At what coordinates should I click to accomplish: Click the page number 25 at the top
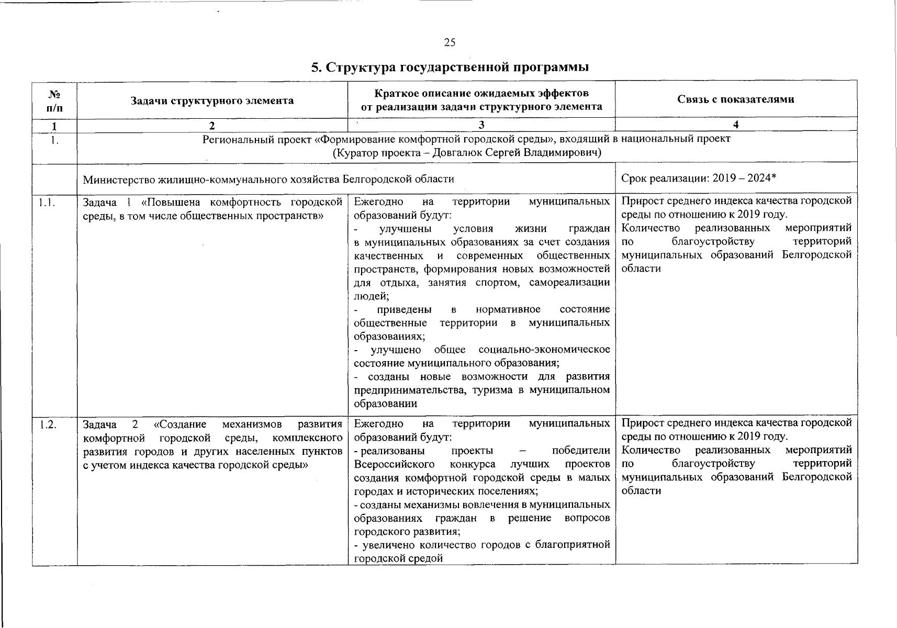coord(450,43)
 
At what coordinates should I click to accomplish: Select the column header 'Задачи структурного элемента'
coord(212,100)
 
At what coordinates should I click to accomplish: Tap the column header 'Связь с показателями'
coord(735,99)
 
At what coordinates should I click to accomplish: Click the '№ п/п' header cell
coord(54,100)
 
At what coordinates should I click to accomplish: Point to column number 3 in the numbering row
coord(481,125)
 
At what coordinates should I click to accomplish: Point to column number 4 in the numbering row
coord(736,125)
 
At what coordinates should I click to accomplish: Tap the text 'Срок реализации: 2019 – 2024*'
coord(698,178)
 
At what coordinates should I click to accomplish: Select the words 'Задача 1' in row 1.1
coord(106,202)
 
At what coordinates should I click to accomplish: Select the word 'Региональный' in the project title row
coord(232,139)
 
